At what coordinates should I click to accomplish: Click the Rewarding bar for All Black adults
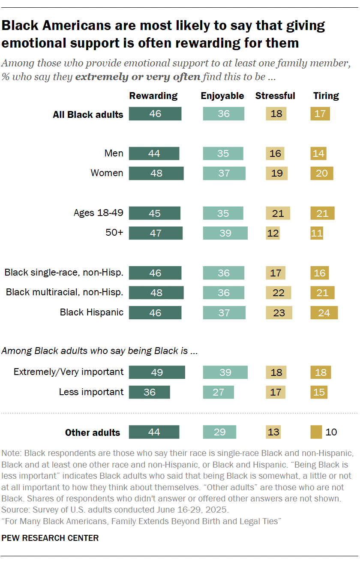point(155,114)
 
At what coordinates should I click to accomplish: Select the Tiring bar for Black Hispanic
point(324,312)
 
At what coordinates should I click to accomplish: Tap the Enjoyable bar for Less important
point(218,392)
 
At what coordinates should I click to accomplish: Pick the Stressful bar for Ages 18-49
point(278,213)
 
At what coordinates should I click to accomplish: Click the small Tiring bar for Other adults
point(316,432)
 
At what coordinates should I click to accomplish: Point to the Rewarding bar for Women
point(156,173)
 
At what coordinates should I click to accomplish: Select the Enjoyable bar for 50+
point(225,233)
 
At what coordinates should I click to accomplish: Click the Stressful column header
point(275,96)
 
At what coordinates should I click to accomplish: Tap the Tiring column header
point(326,96)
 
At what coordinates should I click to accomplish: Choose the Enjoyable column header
point(222,96)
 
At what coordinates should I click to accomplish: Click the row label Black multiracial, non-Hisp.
point(65,293)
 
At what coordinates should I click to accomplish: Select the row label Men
point(114,153)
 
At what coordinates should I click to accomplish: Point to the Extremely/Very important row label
point(69,372)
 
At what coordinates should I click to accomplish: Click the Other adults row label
point(93,432)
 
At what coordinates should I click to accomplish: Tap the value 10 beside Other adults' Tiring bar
point(331,432)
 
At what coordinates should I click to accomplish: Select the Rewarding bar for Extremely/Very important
point(157,372)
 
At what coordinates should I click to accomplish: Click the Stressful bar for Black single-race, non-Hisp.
point(276,273)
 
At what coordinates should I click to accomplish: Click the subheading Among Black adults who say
point(99,351)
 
